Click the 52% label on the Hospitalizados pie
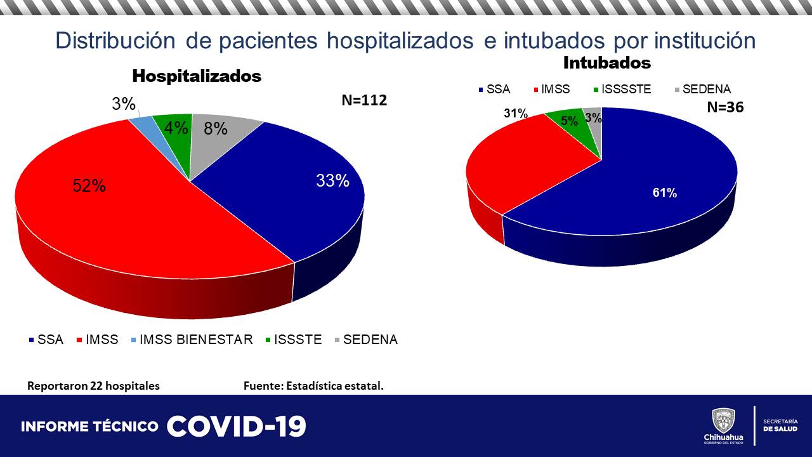point(89,186)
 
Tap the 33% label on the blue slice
point(332,181)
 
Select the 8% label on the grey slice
point(216,129)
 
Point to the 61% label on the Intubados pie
point(665,193)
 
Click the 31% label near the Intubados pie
point(516,114)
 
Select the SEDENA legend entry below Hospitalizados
point(367,340)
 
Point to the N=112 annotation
point(364,100)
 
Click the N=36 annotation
point(725,107)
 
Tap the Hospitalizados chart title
point(197,76)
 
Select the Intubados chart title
point(607,63)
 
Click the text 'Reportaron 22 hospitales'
point(93,386)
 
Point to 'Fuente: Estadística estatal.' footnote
point(313,386)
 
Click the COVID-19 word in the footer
point(237,427)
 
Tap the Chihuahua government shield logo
point(723,421)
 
